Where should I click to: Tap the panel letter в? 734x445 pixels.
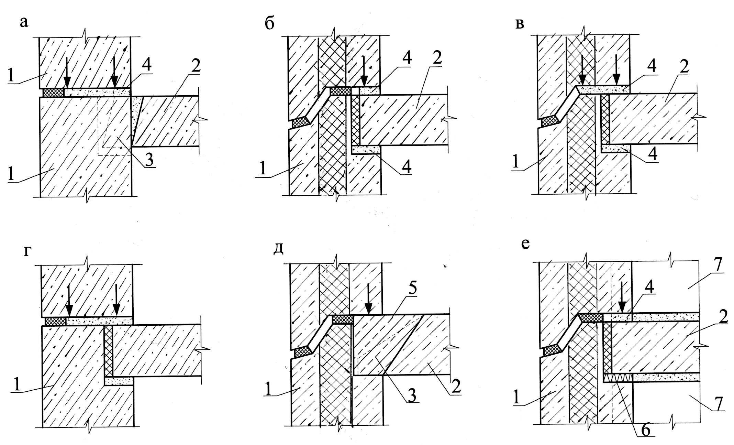(x=520, y=24)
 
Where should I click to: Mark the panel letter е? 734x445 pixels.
(x=525, y=243)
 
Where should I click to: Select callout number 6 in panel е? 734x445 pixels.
(x=645, y=431)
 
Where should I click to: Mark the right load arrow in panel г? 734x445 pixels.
(x=116, y=303)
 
